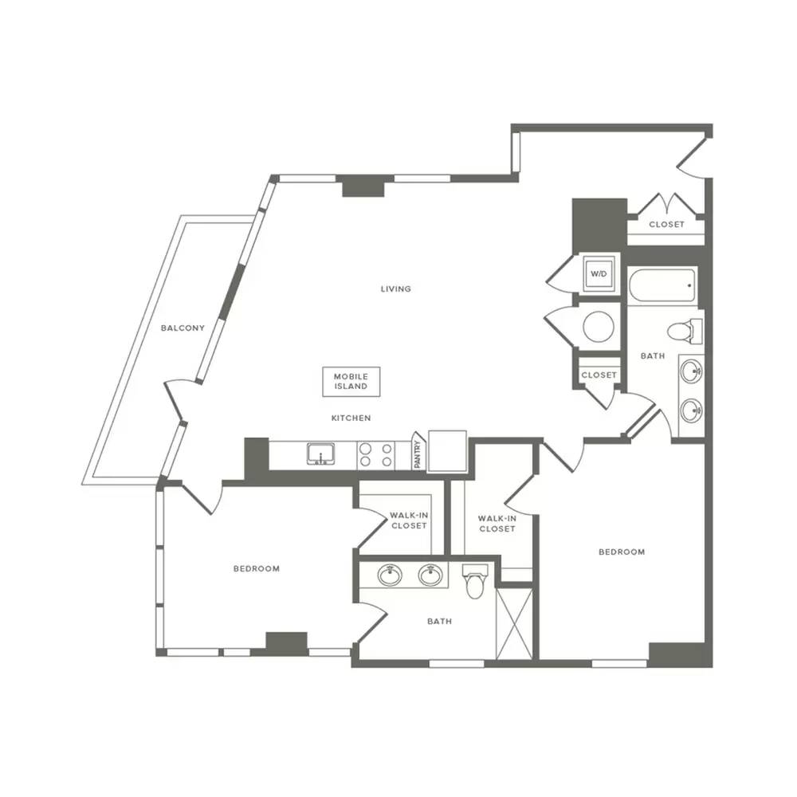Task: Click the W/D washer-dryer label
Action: tap(599, 274)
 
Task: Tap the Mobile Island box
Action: tap(351, 381)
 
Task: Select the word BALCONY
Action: tap(183, 328)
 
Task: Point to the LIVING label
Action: tap(395, 289)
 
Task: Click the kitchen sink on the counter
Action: tap(320, 454)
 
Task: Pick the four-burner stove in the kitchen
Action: tap(376, 455)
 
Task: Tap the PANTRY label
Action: tap(418, 454)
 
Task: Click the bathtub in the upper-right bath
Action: tap(662, 285)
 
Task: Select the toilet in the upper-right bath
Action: tap(684, 332)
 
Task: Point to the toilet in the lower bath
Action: tap(475, 582)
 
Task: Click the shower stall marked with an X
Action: tap(514, 624)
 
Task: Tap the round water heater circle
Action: tap(599, 326)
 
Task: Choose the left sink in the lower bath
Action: tap(390, 575)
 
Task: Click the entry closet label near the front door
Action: tap(666, 224)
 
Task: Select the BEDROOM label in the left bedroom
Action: tap(256, 568)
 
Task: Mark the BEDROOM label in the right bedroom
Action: tap(622, 552)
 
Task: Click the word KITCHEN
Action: tap(351, 418)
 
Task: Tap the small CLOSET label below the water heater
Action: tap(599, 375)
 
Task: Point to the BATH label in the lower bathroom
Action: tap(439, 621)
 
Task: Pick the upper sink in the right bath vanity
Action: tap(691, 371)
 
